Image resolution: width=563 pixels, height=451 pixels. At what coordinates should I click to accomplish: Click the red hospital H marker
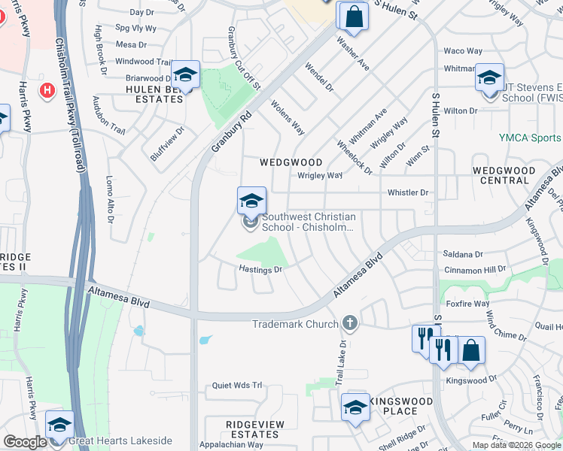click(x=47, y=90)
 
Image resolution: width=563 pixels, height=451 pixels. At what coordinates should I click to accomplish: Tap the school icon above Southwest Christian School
click(x=251, y=200)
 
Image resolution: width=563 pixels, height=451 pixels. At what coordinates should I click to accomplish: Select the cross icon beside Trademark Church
click(x=348, y=323)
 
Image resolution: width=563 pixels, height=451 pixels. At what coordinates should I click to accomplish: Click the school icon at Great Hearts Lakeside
click(x=59, y=425)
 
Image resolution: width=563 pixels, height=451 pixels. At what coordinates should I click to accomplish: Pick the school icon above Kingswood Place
click(x=355, y=407)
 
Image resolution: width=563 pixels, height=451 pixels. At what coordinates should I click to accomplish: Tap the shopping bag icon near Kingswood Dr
click(x=470, y=350)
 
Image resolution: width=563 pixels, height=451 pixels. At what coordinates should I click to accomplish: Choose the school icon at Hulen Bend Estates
click(x=185, y=74)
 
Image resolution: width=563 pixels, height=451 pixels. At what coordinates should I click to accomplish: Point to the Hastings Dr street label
click(x=260, y=269)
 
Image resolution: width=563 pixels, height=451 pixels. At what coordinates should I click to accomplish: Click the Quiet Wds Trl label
click(x=236, y=385)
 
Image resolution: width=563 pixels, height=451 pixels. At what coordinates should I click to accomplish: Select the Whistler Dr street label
click(x=407, y=192)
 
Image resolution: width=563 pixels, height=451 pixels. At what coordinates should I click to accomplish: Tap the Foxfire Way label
click(x=467, y=304)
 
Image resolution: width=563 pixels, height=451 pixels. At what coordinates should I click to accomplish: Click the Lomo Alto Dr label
click(x=109, y=200)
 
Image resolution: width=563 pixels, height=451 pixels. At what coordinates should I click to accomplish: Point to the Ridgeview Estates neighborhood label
click(x=255, y=429)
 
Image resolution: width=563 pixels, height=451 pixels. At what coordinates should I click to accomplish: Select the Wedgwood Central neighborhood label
click(x=504, y=176)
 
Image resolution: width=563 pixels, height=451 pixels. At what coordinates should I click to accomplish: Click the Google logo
click(x=25, y=442)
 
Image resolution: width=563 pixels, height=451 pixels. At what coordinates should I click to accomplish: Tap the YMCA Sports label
click(x=530, y=138)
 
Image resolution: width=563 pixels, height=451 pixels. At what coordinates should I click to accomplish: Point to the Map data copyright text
click(x=517, y=445)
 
